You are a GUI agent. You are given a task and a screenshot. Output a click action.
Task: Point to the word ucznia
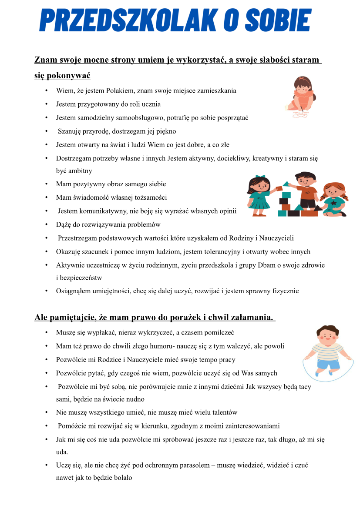point(151,104)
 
